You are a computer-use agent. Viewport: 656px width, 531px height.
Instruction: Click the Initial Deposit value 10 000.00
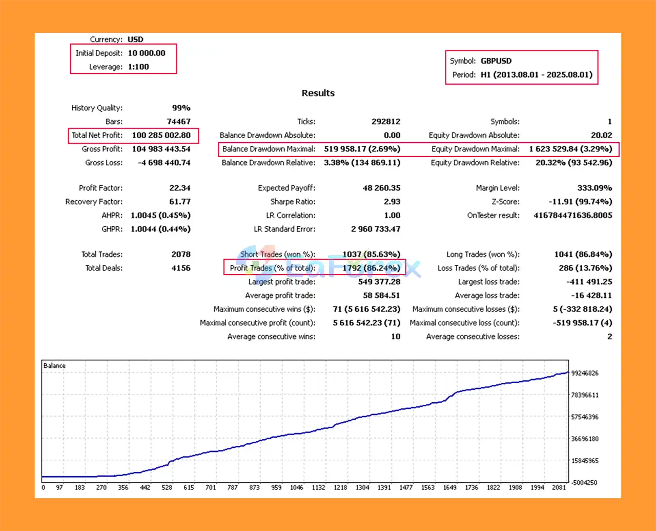pos(147,53)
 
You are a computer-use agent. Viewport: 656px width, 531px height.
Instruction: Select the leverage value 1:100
pos(138,67)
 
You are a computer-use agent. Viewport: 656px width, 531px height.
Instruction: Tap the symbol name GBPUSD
pos(496,61)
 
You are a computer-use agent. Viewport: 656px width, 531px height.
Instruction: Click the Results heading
pos(318,93)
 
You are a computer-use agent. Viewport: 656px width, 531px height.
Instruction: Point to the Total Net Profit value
pos(161,135)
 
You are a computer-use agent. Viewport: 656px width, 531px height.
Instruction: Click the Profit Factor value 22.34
pos(179,188)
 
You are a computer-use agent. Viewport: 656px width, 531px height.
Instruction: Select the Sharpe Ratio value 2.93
pos(392,202)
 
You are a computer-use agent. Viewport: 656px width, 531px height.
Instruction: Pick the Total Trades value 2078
pos(181,254)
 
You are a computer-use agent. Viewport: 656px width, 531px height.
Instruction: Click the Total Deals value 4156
pos(181,268)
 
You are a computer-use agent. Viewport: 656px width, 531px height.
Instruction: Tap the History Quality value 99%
pos(181,108)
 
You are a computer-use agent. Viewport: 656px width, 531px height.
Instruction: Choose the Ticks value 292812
pos(386,122)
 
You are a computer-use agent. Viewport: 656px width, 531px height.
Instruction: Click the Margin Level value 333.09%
pos(594,188)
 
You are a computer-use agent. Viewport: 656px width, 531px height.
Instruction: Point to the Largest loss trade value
pos(589,282)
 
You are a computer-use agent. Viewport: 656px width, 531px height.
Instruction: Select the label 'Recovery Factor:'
pos(94,202)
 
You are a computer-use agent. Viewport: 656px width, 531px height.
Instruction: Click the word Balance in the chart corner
pos(54,366)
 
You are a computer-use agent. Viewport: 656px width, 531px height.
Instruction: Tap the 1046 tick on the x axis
pos(297,487)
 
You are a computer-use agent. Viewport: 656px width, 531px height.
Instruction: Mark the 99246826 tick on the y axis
pos(585,373)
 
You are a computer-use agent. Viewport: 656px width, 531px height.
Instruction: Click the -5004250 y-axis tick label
pos(584,482)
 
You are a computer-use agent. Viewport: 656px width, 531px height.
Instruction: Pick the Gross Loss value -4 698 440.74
pos(164,163)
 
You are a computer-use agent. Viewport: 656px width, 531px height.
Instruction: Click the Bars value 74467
pos(178,122)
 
